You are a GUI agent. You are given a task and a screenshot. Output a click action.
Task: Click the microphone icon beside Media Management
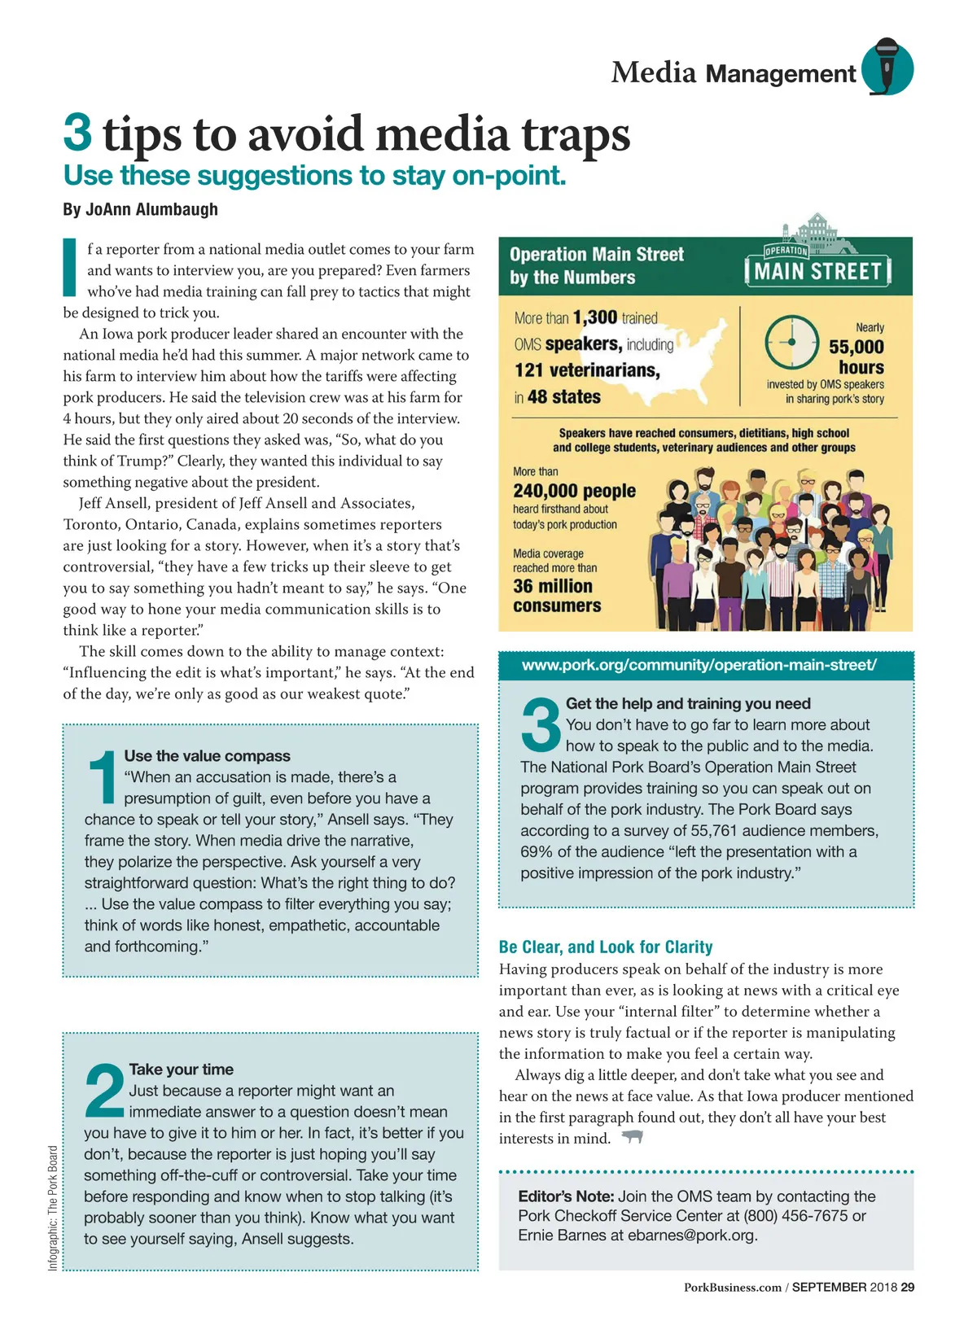click(887, 66)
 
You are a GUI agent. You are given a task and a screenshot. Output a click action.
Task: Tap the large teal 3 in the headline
click(78, 133)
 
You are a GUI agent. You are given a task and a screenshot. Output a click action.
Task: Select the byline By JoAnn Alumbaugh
click(140, 209)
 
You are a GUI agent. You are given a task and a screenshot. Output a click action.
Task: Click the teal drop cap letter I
click(70, 267)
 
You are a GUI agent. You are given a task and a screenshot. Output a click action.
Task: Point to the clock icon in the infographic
click(791, 343)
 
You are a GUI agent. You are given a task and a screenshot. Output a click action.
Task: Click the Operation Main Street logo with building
click(817, 255)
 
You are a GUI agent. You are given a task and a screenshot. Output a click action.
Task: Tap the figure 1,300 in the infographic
click(594, 317)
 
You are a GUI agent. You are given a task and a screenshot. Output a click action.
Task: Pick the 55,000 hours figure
click(856, 356)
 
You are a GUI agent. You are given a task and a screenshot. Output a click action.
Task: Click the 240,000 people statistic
click(574, 491)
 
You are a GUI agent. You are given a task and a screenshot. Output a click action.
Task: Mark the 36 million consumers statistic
click(557, 596)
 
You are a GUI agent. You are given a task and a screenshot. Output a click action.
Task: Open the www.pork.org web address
click(699, 665)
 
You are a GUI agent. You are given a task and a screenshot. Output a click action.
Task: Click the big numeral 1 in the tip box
click(103, 778)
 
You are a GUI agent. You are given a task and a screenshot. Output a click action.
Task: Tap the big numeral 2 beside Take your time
click(105, 1090)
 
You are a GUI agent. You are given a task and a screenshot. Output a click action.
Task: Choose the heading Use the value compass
click(207, 756)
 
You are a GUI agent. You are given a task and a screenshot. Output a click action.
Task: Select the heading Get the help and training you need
click(688, 703)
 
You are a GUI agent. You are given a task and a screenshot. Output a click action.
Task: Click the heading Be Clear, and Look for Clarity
click(606, 947)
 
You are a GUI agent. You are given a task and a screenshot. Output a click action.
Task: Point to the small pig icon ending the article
click(633, 1137)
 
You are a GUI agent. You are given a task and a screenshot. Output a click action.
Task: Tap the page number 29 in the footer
click(907, 1287)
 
